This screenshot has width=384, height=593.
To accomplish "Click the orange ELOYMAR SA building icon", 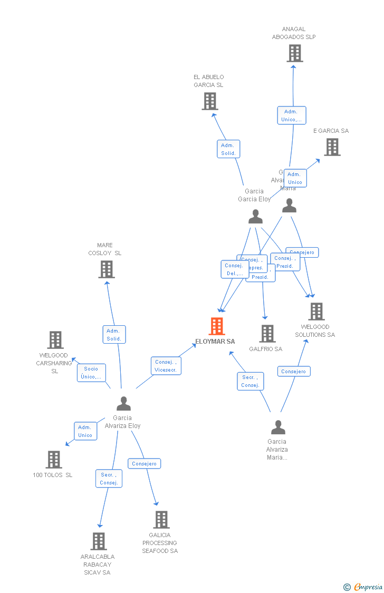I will tap(217, 326).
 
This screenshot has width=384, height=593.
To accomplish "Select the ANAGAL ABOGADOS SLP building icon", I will tap(294, 53).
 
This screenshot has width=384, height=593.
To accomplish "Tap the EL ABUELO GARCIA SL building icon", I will tap(210, 101).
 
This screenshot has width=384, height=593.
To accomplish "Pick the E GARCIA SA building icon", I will tap(332, 147).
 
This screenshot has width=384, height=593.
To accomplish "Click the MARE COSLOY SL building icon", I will tap(107, 269).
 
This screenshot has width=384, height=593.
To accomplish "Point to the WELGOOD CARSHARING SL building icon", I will tap(55, 340).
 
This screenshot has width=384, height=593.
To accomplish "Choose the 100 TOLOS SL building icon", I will tap(53, 460).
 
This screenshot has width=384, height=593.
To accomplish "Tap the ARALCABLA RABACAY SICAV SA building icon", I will tap(99, 541).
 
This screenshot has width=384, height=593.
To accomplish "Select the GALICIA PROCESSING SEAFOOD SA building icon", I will tap(161, 520).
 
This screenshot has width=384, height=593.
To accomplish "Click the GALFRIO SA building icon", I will tap(267, 334).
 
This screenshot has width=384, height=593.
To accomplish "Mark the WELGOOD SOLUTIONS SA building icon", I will tap(316, 312).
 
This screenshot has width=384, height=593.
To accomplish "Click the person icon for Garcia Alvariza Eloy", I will tap(123, 404).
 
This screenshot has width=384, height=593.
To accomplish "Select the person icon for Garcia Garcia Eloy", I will tap(255, 217).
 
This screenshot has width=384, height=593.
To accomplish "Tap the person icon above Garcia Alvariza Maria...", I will tap(278, 427).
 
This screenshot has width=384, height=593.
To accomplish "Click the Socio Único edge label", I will tap(91, 373).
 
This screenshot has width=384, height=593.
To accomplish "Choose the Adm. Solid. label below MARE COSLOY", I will tap(114, 335).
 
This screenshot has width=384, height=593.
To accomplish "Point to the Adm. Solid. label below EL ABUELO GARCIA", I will tap(228, 149).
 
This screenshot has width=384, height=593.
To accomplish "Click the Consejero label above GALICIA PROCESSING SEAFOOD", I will tap(144, 464).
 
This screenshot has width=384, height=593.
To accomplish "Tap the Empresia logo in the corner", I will tap(363, 587).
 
